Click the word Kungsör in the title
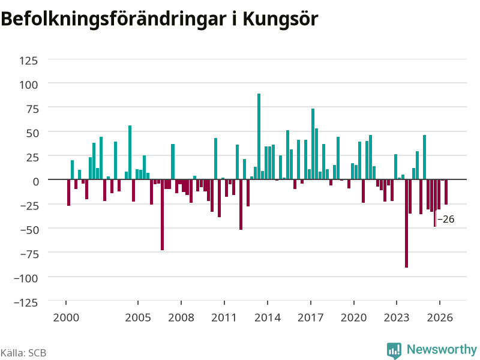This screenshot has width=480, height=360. point(280,19)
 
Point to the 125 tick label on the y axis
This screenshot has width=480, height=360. point(28,61)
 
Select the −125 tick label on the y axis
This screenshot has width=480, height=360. point(26,302)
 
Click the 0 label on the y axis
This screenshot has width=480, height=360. point(36,182)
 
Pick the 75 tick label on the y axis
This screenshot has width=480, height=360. point(32,109)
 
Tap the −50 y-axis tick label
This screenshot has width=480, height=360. point(29,230)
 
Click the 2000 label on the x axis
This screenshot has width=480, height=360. point(66,317)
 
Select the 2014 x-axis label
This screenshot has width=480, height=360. point(268,317)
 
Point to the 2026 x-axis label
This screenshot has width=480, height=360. point(440,317)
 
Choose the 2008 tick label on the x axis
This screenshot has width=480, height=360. point(181,317)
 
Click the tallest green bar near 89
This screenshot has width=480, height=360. point(259,137)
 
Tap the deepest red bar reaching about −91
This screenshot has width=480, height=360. point(407,223)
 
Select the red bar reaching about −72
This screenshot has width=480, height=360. point(162,215)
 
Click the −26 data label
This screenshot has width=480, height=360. point(446,219)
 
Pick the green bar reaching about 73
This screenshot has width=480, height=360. point(313,144)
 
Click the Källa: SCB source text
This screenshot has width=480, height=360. point(23,353)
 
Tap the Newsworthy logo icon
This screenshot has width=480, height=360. point(394,350)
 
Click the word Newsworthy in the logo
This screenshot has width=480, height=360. point(442,349)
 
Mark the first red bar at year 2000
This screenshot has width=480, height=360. point(69,193)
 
